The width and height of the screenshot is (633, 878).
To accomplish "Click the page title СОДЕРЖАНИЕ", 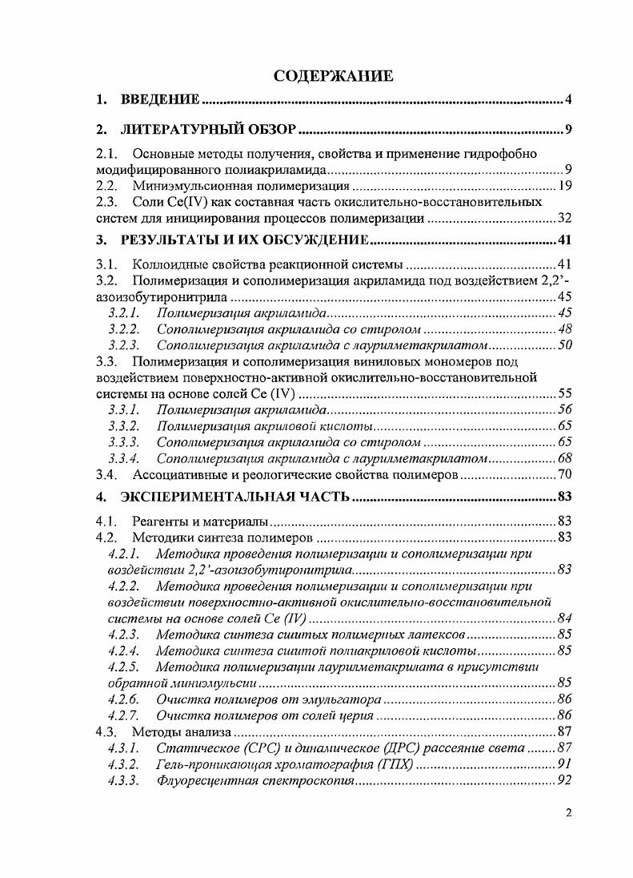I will tap(334, 77).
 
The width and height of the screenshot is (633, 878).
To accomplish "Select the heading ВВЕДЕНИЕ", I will tap(159, 100).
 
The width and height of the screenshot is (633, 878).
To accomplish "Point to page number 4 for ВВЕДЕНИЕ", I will tap(567, 100).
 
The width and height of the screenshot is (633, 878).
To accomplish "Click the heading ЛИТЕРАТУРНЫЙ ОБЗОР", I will tap(209, 130).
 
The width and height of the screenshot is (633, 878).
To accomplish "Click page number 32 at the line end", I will tap(563, 218).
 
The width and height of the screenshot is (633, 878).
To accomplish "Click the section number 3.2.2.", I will tap(123, 328).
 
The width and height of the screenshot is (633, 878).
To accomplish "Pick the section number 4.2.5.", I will tap(123, 667).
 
